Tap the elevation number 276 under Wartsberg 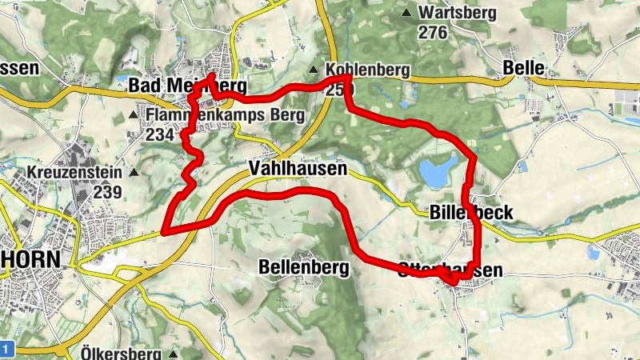pyautogui.click(x=433, y=32)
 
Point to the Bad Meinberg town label pyautogui.click(x=187, y=86)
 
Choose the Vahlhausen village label pyautogui.click(x=297, y=169)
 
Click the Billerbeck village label pyautogui.click(x=470, y=212)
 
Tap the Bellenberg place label pyautogui.click(x=304, y=267)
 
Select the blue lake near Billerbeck pyautogui.click(x=436, y=171)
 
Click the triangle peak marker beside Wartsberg pyautogui.click(x=407, y=13)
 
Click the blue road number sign pyautogui.click(x=6, y=349)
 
